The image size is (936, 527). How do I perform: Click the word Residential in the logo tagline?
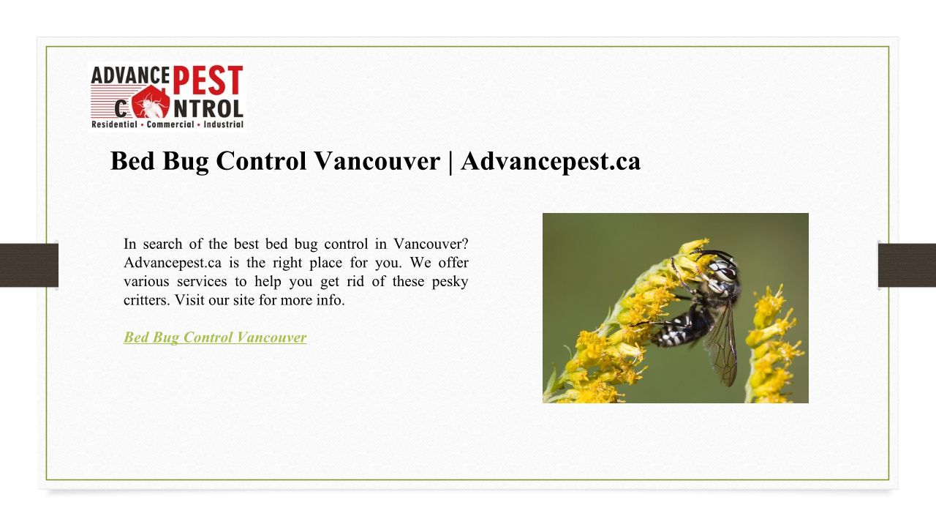click(114, 124)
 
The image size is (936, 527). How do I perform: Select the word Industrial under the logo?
click(224, 124)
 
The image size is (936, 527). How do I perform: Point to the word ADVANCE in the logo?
click(130, 75)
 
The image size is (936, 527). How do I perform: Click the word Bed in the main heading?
click(132, 160)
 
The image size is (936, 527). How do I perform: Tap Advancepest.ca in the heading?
click(551, 162)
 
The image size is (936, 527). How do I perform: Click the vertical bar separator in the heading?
click(450, 162)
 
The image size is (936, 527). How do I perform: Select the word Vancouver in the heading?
click(377, 160)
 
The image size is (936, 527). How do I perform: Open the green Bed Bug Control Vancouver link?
click(215, 337)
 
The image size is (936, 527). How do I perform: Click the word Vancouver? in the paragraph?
click(431, 244)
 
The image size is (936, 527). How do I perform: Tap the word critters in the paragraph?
click(147, 300)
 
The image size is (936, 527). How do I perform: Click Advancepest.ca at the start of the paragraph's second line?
click(173, 263)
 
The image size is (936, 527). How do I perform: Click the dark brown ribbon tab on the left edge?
click(29, 265)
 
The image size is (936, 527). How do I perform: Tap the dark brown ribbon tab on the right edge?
click(907, 265)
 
